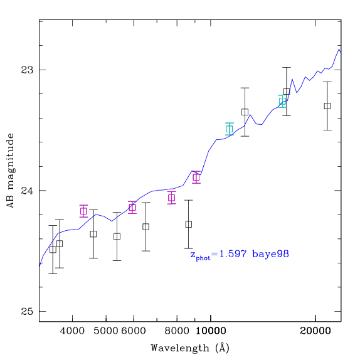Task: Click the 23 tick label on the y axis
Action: pos(27,70)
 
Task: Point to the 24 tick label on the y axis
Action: pos(27,191)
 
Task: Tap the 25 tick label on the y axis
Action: pos(27,311)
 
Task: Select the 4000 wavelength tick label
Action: pos(72,331)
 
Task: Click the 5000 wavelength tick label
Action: pos(106,331)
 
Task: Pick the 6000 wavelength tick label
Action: pos(134,331)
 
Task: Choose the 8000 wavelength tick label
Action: pos(177,331)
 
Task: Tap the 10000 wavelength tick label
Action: pos(211,331)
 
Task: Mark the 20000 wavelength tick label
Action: pos(315,331)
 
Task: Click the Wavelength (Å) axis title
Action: pos(190,348)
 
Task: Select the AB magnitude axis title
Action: pos(11,171)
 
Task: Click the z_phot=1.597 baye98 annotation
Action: pos(240,255)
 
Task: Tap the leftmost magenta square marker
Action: pos(83,211)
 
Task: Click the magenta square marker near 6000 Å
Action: pos(132,208)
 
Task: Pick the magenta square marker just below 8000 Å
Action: pos(171,198)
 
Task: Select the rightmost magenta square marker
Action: pos(196,177)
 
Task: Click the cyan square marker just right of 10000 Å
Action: pos(230,129)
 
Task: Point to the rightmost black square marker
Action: pos(327,106)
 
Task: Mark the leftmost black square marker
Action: pos(53,250)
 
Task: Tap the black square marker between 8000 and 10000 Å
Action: pos(189,225)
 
